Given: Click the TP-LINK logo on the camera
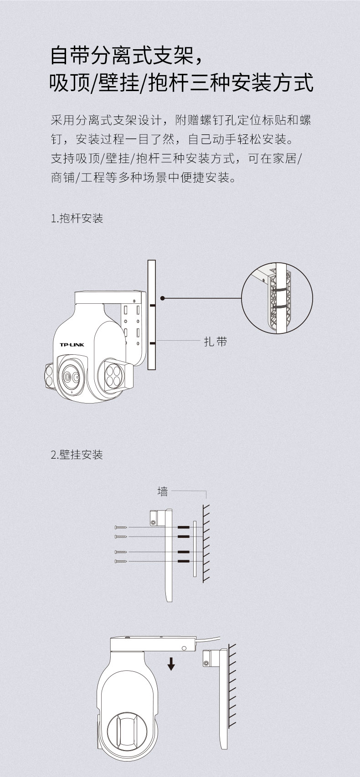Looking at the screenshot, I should (x=72, y=344).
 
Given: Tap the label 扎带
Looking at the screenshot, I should (x=215, y=342).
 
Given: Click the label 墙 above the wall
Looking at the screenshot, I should (x=162, y=491).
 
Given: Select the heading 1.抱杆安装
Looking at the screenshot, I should (x=77, y=218).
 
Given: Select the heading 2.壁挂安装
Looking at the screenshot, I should (x=77, y=455).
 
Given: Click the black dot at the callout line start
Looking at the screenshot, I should (x=163, y=298).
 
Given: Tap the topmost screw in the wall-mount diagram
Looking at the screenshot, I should (x=121, y=527).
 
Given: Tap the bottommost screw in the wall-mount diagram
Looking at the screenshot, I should (x=121, y=561).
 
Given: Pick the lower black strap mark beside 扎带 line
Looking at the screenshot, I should (x=152, y=342).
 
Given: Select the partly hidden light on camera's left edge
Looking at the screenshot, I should (x=48, y=376).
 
